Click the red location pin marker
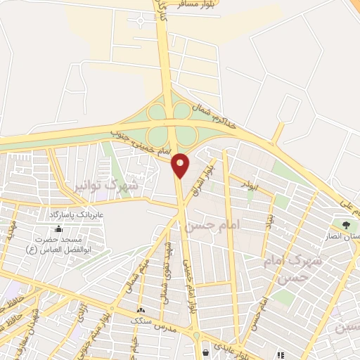click(x=181, y=165)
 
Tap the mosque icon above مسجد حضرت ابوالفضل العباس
click(x=57, y=229)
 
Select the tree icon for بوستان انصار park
click(x=346, y=225)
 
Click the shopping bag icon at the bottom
click(x=205, y=352)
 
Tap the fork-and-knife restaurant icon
click(x=281, y=355)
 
